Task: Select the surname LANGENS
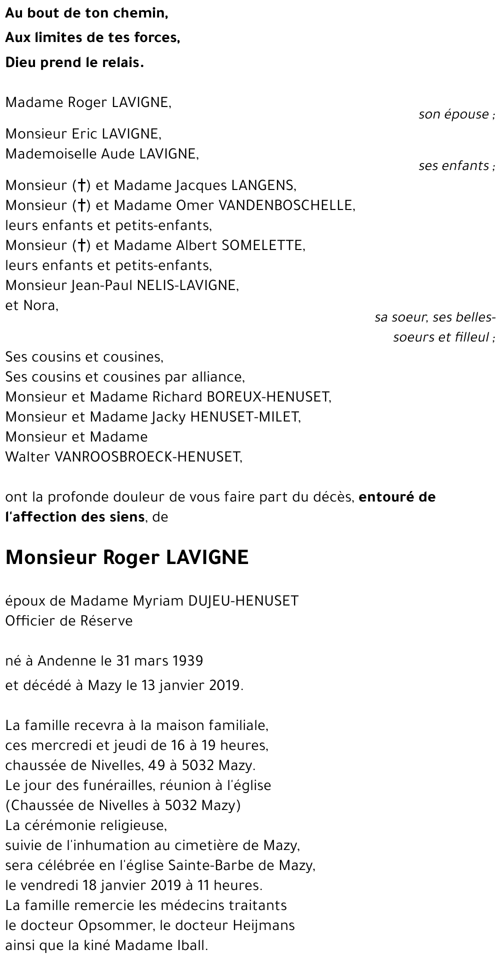coord(262,185)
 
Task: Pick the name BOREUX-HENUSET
coord(268,397)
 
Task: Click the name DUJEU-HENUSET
coord(243,600)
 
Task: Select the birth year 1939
coord(187,661)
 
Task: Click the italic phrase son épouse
coord(454,114)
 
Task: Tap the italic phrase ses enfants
coord(454,165)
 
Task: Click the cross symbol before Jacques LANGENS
coord(80,186)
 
